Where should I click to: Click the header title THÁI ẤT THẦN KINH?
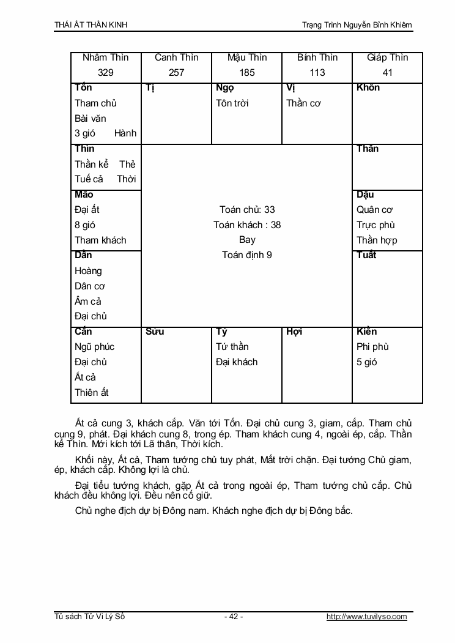[x=91, y=24]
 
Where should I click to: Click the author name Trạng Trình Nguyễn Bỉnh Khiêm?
[x=357, y=24]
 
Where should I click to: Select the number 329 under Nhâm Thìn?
[x=106, y=73]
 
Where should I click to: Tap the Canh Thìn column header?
[x=176, y=58]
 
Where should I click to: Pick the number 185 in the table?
[x=247, y=73]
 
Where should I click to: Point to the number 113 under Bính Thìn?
[x=317, y=73]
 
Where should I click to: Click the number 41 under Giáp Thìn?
[x=387, y=73]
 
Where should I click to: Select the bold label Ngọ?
[x=225, y=87]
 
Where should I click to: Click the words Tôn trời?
[x=232, y=103]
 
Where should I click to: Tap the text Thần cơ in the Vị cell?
[x=304, y=103]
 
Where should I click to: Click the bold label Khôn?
[x=368, y=87]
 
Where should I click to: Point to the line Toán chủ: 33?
[x=247, y=210]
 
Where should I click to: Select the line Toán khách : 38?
[x=247, y=225]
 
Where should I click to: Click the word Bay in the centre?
[x=247, y=240]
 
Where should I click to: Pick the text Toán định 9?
[x=247, y=255]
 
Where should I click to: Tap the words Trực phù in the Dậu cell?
[x=376, y=225]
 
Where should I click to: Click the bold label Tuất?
[x=366, y=255]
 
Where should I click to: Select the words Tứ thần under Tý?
[x=232, y=347]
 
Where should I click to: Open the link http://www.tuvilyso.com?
[x=367, y=617]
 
